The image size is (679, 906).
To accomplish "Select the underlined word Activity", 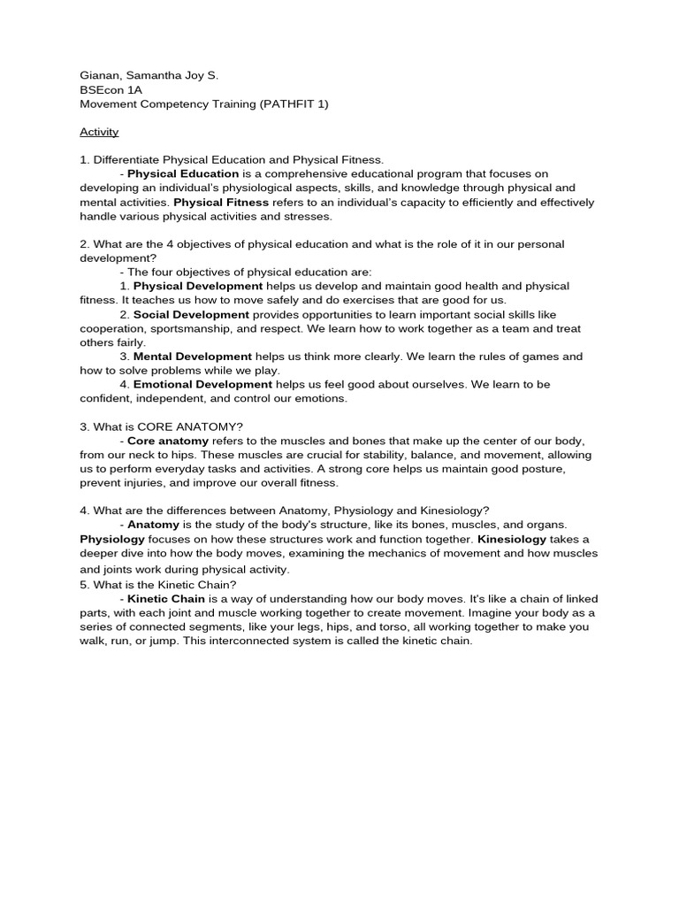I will [x=99, y=132].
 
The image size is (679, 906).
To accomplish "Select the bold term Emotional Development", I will [x=202, y=385].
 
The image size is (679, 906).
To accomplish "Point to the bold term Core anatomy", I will [x=168, y=441].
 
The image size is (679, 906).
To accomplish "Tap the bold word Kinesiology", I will [x=512, y=539].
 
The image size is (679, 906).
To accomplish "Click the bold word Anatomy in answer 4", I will [x=156, y=525].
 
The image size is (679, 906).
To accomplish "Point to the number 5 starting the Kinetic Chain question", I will [x=83, y=585].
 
